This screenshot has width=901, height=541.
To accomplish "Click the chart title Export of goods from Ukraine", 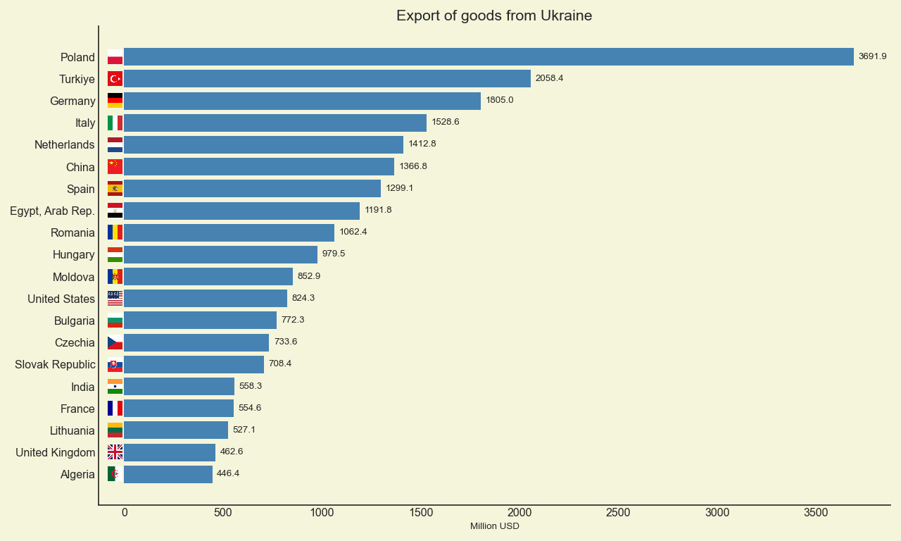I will coord(494,15).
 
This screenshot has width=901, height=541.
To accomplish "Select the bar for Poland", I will coord(489,57).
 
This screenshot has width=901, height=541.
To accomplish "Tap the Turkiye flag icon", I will coord(115,79).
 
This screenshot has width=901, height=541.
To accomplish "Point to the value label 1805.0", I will coord(500,100).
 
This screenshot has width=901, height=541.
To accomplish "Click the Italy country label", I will coord(85,123).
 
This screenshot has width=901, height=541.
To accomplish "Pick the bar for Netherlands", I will coord(263,145).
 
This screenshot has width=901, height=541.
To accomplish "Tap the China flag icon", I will coord(115,167).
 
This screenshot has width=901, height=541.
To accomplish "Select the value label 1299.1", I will coord(400,188).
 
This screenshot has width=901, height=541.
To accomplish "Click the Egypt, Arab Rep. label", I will coord(52,211).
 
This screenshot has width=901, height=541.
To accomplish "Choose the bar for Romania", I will coord(229,232).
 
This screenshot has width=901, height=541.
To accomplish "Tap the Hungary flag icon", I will coord(115,254).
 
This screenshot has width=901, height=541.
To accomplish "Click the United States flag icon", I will coord(115,299).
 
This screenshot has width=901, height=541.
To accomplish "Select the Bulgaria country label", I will coord(74,321).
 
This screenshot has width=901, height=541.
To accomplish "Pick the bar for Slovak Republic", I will coord(194,364).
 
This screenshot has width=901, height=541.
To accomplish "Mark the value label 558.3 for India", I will coord(251,386).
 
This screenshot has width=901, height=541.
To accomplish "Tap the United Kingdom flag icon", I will coord(115,452).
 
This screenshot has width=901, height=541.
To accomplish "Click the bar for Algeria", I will coord(168,474).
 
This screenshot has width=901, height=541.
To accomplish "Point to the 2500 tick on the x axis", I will coord(618,513).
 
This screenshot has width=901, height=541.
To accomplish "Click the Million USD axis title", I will coord(494,526).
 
